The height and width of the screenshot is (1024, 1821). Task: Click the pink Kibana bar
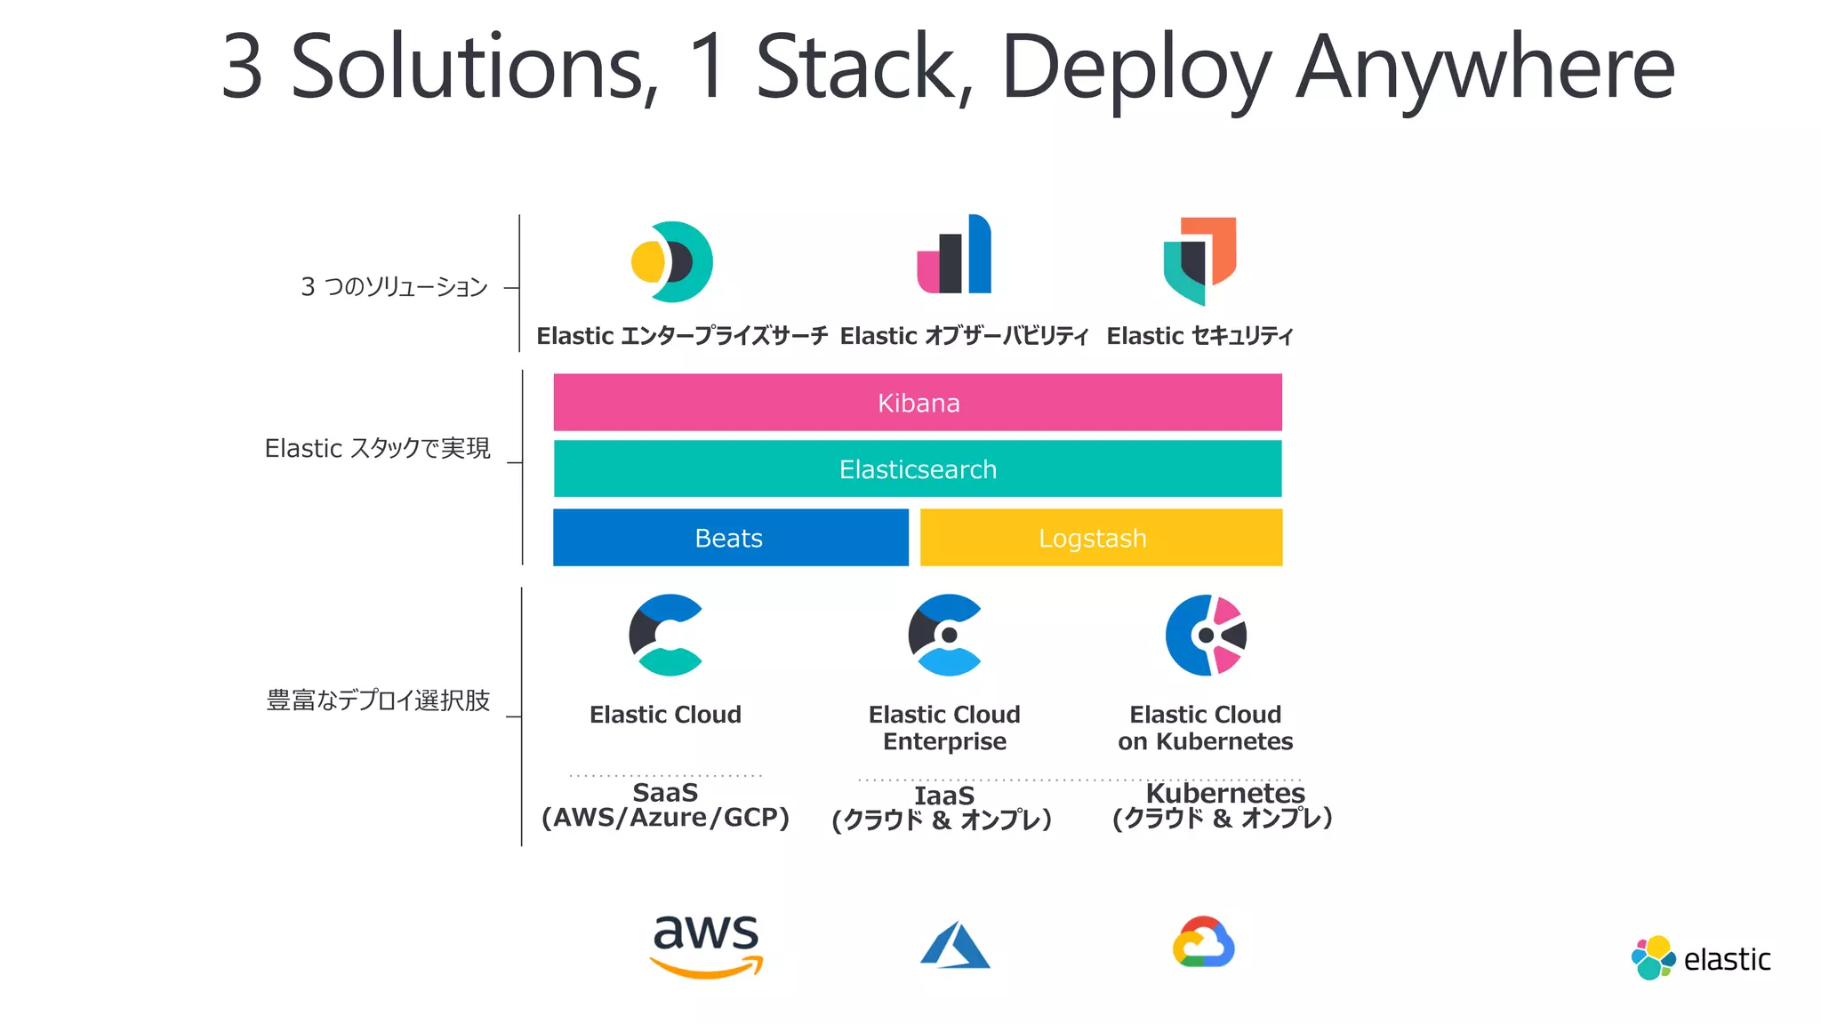(x=918, y=403)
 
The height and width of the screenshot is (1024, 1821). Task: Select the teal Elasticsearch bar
(x=918, y=468)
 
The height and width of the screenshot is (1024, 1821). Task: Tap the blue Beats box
(x=730, y=538)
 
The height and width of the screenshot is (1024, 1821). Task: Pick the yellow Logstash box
(x=1101, y=538)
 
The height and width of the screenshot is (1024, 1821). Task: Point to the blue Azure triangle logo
(x=954, y=945)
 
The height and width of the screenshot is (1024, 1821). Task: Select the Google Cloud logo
(x=1203, y=942)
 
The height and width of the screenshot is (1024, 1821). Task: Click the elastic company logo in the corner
(x=1700, y=958)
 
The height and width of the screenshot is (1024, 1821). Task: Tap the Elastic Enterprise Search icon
(x=672, y=262)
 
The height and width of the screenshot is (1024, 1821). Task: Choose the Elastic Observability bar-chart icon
(x=954, y=255)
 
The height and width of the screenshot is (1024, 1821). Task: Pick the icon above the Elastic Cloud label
(x=666, y=635)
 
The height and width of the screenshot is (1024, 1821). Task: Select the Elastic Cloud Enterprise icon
(x=944, y=635)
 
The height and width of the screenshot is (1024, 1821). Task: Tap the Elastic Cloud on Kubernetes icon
(x=1206, y=635)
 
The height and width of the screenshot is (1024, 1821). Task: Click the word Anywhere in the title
(x=1485, y=68)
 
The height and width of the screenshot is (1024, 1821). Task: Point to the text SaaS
(x=665, y=792)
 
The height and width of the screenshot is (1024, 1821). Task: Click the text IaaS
(x=944, y=796)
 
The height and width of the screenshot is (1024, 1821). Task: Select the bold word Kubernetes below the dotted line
(x=1224, y=792)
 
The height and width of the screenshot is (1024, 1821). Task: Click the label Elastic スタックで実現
(x=377, y=448)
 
